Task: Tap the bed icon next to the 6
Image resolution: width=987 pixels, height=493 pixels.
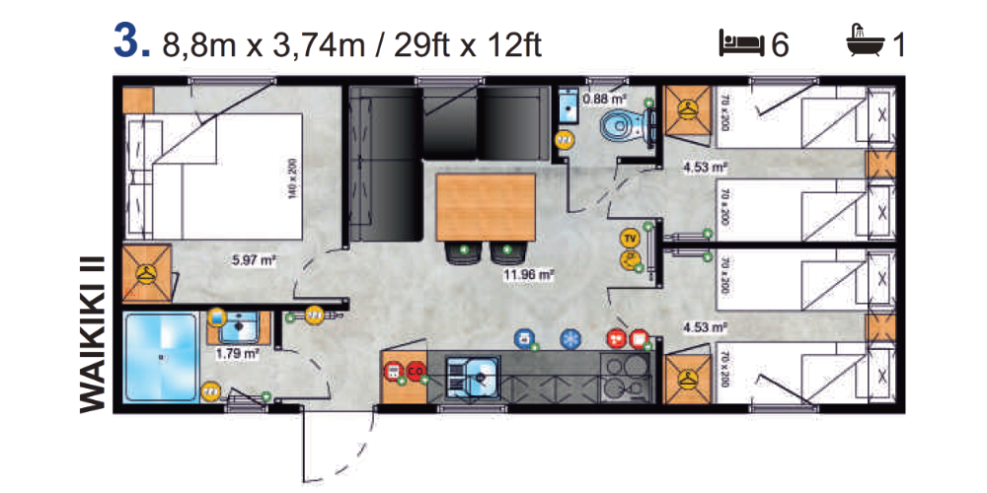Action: (741, 43)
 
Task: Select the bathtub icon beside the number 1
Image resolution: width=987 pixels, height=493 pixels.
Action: (866, 42)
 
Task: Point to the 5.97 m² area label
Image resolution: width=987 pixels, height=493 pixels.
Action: (252, 260)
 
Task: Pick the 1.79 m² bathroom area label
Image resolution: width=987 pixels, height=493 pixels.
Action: (238, 351)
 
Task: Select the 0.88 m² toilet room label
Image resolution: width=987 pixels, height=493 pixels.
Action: (604, 99)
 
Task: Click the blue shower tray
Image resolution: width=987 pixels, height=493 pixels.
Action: (160, 357)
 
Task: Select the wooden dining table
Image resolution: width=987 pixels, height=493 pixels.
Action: (486, 206)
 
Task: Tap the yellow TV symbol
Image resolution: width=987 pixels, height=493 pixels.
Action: (628, 238)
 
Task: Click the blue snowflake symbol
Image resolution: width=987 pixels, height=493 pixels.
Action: (569, 338)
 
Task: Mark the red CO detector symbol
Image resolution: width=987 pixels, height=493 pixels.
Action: (415, 371)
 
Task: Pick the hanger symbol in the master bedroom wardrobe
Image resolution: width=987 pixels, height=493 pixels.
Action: (146, 271)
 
